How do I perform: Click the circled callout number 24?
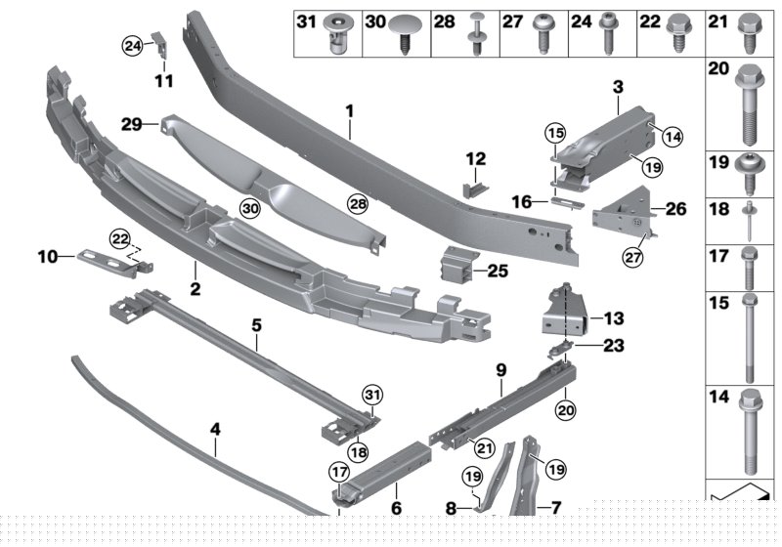[132, 44]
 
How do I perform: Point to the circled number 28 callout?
[357, 203]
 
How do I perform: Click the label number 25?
[498, 270]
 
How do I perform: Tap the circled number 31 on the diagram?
[371, 395]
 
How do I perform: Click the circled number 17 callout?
[338, 472]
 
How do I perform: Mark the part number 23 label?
[612, 344]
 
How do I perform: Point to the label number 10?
[49, 257]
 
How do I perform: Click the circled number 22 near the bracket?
[119, 237]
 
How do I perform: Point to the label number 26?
[675, 208]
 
